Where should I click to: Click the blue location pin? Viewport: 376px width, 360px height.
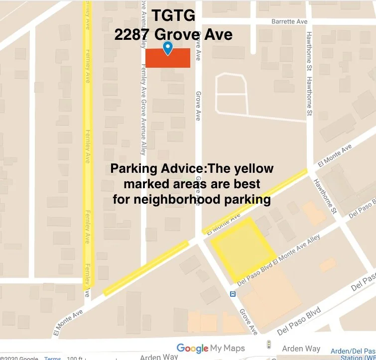point(168,48)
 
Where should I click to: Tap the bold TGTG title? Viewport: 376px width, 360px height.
point(173,16)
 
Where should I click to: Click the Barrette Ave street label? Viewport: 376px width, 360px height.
point(289,22)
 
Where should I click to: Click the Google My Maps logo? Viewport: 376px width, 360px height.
point(210,348)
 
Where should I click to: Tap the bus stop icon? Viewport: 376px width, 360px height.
point(233,294)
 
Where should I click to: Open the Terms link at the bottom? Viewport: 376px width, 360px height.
point(52,358)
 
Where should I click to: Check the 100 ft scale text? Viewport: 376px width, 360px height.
point(75,358)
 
